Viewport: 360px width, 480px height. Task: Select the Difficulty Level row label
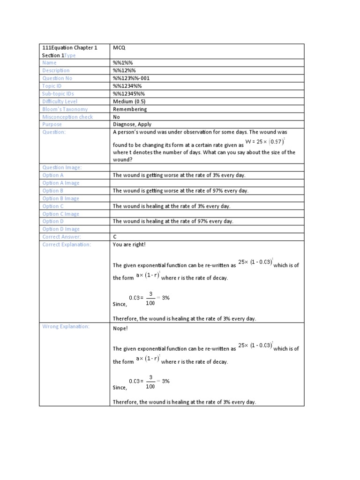point(60,101)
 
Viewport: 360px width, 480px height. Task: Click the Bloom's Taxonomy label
point(65,109)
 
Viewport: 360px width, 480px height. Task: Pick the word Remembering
point(130,109)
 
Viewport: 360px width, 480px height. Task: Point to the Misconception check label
point(67,117)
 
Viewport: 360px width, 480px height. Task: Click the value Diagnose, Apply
point(133,125)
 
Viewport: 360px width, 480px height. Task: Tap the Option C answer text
point(172,206)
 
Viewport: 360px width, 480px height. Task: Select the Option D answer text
point(173,221)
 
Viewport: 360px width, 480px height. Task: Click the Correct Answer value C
point(115,237)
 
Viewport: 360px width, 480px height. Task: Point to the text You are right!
point(126,245)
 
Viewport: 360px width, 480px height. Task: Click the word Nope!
point(120,329)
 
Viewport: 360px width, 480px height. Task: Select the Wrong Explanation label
point(66,326)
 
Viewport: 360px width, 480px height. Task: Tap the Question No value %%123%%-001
point(131,78)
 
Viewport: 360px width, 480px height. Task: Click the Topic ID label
point(52,86)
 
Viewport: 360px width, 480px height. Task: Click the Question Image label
point(62,167)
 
